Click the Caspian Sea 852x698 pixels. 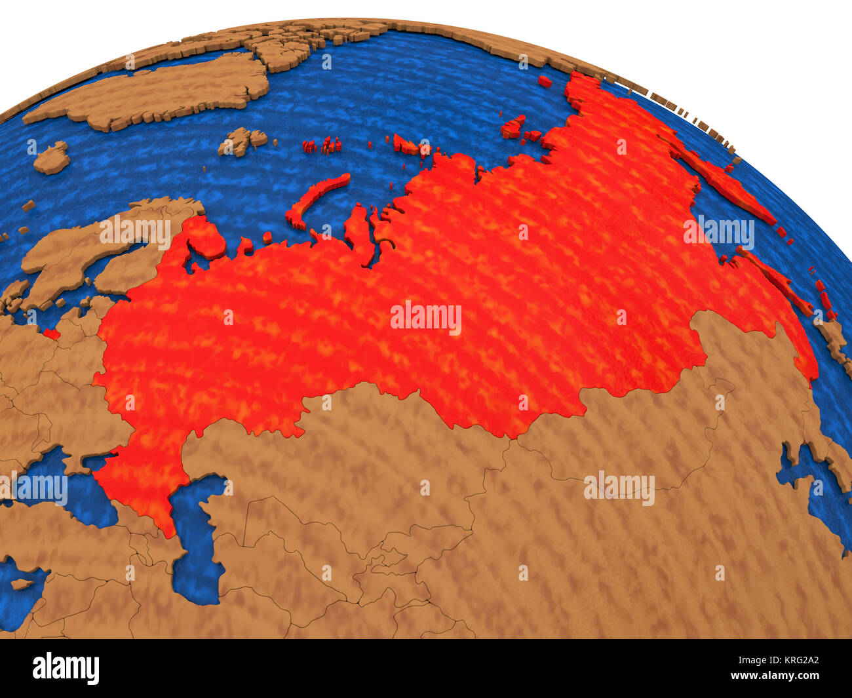(197, 544)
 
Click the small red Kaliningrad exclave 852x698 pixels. (51, 334)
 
